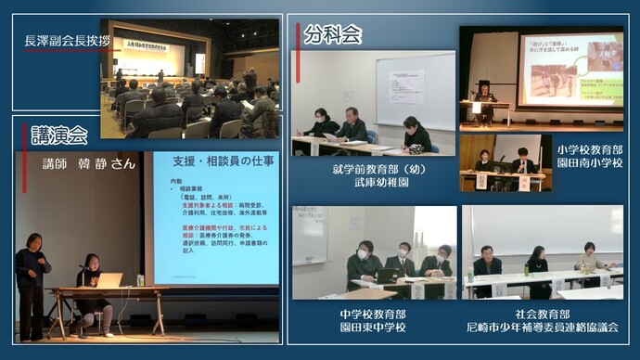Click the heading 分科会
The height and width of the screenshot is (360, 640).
[x=332, y=34]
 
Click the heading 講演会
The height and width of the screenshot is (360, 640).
[x=58, y=135]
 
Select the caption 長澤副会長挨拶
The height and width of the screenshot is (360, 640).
[x=67, y=41]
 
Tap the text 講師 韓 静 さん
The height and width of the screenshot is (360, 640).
[x=89, y=163]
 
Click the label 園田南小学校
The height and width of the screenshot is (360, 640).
[x=590, y=162]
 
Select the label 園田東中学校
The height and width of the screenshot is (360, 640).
[x=375, y=327]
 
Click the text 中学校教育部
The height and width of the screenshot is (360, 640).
[x=375, y=313]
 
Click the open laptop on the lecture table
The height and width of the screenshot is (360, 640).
[x=109, y=279]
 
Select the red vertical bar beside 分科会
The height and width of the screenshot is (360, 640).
[x=298, y=35]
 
